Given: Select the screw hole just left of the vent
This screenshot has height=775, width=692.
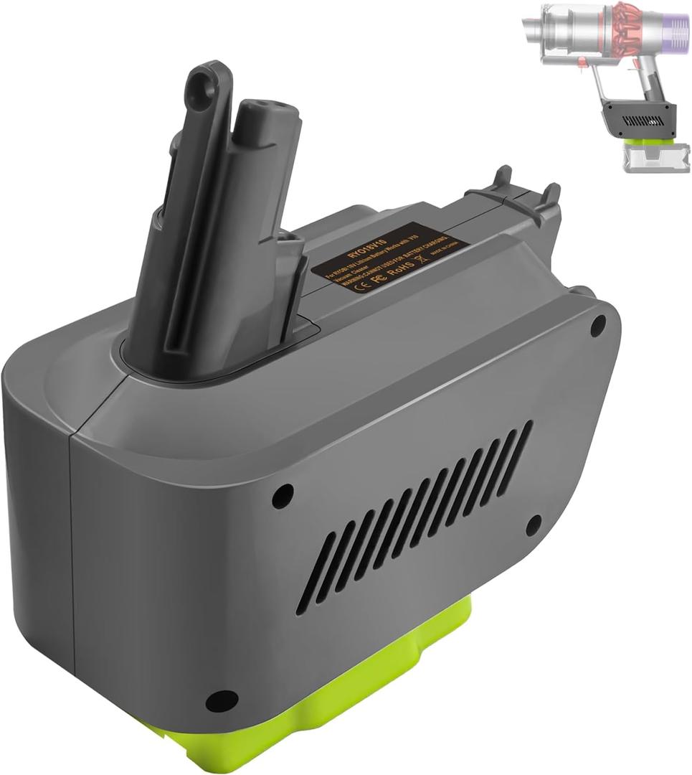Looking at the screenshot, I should point(283,494).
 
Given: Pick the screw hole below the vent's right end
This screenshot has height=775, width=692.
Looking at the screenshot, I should point(533,526).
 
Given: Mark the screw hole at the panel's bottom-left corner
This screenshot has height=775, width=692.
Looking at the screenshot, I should point(220,700).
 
